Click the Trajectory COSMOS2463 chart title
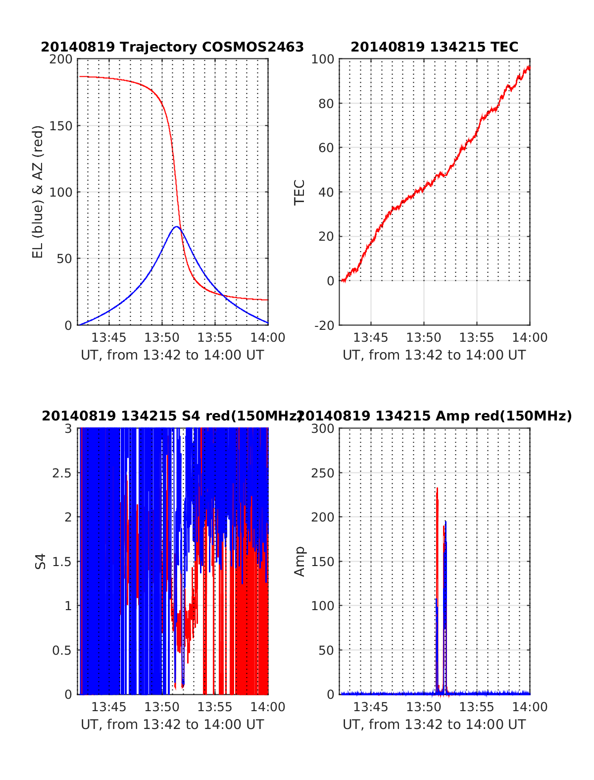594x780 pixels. click(x=172, y=47)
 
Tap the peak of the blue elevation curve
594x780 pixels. click(x=176, y=227)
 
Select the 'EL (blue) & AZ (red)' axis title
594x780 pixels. click(x=38, y=192)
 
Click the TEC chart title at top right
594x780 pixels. click(x=434, y=47)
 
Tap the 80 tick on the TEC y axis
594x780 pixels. click(x=326, y=104)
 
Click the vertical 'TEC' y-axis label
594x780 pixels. click(x=299, y=192)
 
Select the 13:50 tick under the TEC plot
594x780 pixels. click(x=423, y=338)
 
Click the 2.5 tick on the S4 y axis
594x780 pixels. click(x=62, y=473)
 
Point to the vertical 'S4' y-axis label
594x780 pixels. click(x=41, y=562)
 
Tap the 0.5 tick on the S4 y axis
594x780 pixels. click(x=62, y=650)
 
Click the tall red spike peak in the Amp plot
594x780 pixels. click(x=437, y=489)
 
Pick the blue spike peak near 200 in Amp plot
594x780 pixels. click(x=445, y=521)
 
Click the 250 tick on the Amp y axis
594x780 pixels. click(x=322, y=473)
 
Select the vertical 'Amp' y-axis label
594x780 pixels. click(x=299, y=562)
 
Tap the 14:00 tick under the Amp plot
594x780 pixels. click(x=530, y=707)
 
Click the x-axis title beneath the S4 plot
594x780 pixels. click(x=172, y=725)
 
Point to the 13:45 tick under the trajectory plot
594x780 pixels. click(x=109, y=338)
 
